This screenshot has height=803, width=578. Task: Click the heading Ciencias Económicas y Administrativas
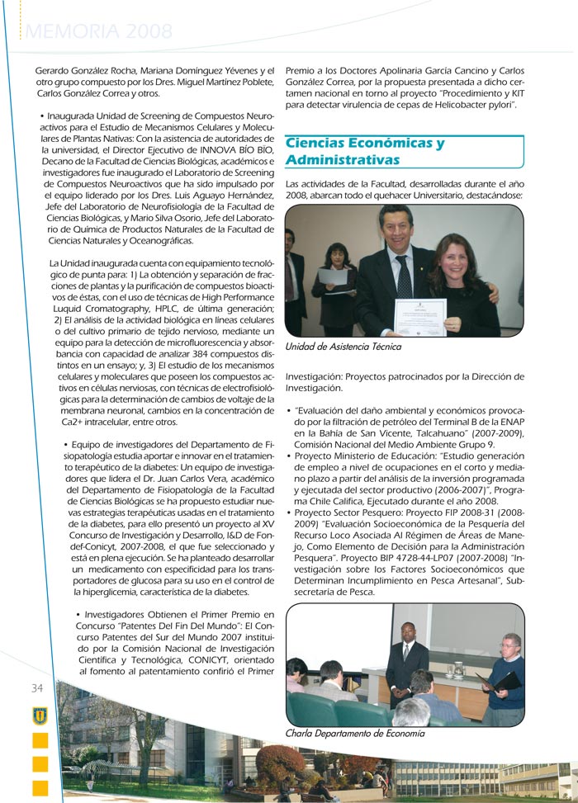pos(365,151)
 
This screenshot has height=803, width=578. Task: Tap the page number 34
pos(38,688)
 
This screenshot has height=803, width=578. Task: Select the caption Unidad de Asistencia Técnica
pos(343,347)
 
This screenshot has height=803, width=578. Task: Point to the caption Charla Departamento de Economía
pos(354,733)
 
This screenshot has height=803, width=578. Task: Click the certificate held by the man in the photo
pos(419,316)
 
